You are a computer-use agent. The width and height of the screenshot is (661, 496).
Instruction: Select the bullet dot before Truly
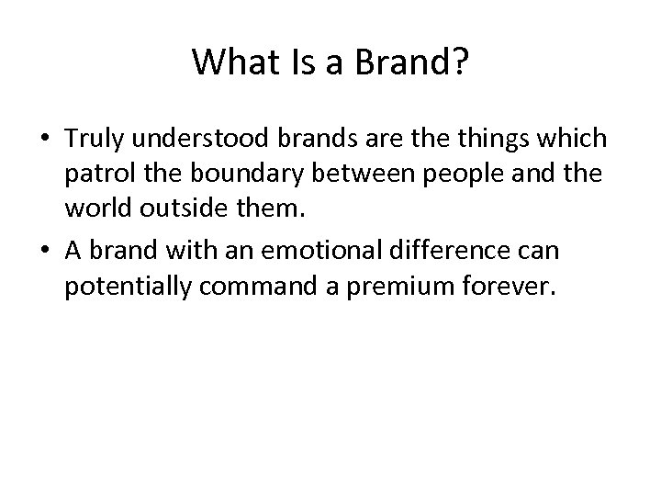(45, 139)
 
